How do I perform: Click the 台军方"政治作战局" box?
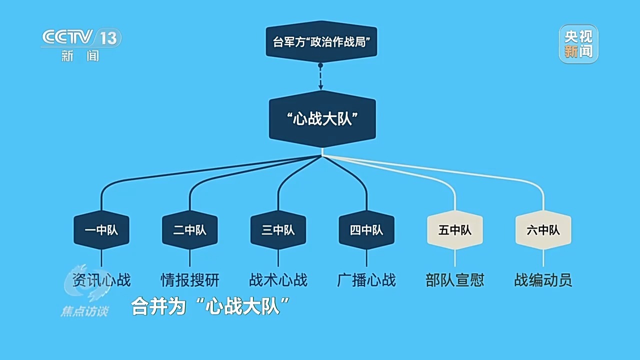click(320, 42)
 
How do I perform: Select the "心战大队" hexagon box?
click(322, 119)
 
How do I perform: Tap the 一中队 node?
click(101, 230)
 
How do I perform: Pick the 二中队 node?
click(190, 230)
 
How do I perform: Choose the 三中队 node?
click(278, 230)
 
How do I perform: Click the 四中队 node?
click(366, 230)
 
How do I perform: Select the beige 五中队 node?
click(455, 230)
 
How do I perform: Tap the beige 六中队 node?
click(543, 230)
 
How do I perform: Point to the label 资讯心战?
click(101, 280)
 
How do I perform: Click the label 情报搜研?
click(190, 280)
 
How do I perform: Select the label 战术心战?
click(278, 280)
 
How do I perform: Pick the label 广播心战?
click(366, 280)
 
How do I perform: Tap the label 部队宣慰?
click(455, 280)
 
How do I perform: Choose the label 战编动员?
click(543, 280)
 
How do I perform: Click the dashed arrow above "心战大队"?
click(320, 77)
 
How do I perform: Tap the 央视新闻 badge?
click(578, 44)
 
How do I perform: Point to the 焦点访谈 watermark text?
click(84, 311)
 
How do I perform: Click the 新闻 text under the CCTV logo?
click(80, 56)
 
